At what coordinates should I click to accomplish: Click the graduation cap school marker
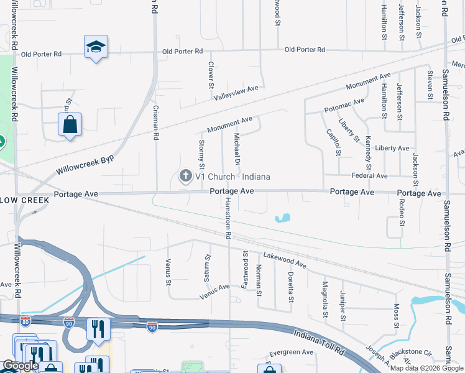(96, 47)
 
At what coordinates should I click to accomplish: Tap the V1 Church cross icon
(185, 177)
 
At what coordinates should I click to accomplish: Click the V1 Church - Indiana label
(233, 177)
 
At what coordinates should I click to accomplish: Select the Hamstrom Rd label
(228, 219)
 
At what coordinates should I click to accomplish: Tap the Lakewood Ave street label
(285, 260)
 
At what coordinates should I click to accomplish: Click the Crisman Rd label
(156, 122)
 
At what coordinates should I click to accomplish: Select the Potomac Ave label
(344, 105)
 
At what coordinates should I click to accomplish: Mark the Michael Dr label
(237, 149)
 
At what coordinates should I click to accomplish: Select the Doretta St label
(290, 286)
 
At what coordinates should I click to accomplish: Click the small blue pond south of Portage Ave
(282, 218)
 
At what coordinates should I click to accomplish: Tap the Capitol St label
(333, 142)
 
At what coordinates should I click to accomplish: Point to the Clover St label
(211, 74)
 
